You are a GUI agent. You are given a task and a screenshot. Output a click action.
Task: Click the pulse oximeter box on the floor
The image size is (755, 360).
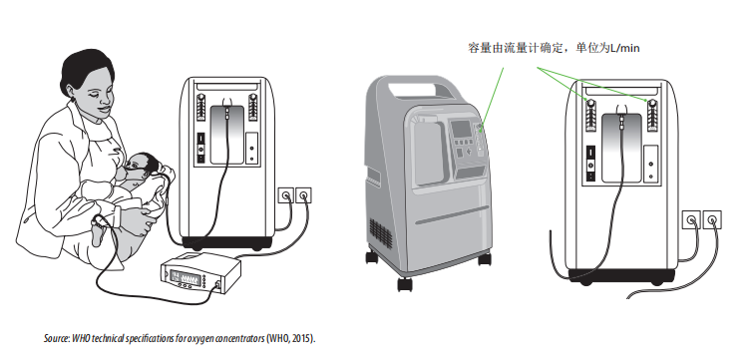(x=199, y=273)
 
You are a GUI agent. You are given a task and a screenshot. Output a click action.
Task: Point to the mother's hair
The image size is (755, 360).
(x=85, y=69)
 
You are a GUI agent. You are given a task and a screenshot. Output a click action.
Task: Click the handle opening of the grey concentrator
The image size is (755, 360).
(x=419, y=90)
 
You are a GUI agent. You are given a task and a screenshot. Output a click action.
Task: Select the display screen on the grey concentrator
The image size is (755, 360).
(x=461, y=129)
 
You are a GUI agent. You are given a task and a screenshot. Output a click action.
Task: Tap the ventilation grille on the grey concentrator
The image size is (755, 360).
(x=380, y=232)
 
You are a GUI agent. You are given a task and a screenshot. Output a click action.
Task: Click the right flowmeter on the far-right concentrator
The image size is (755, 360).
(x=652, y=116)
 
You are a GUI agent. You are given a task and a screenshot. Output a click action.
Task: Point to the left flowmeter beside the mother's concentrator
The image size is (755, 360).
(x=201, y=107)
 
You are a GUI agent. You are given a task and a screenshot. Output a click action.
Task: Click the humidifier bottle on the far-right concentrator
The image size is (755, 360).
(x=622, y=147)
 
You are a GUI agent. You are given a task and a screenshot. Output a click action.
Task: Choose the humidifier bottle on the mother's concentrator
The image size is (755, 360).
(x=227, y=135)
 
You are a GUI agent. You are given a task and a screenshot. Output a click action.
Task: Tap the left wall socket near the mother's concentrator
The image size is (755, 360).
(x=286, y=195)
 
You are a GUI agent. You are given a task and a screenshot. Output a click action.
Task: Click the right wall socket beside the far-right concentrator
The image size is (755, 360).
(x=712, y=220)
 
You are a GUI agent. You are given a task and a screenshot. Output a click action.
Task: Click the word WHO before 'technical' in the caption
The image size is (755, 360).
(x=78, y=338)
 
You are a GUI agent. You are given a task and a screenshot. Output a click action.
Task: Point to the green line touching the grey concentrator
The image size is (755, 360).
(x=493, y=97)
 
